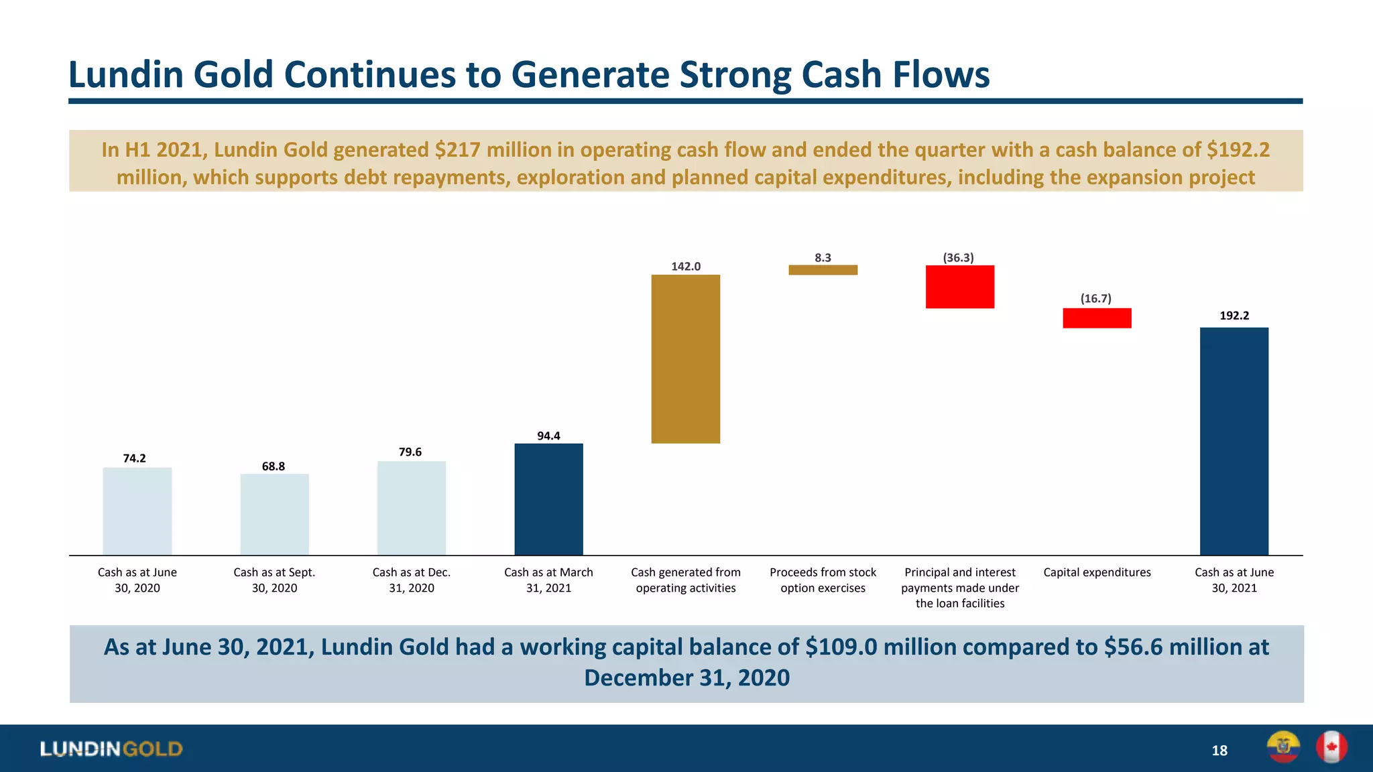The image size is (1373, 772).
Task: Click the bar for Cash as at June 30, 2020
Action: coord(137,511)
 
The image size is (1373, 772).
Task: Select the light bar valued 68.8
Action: coord(275,515)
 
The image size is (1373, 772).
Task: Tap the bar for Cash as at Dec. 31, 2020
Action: coord(412,508)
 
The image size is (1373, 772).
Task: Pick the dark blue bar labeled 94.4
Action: coord(548,499)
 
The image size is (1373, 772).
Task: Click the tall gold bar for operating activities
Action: coord(686,359)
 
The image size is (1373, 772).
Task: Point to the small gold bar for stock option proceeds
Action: coord(823,270)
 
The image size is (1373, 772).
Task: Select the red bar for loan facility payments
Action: coord(960,287)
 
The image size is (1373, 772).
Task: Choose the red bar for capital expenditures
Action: coord(1097,318)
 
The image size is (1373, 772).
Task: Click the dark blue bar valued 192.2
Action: coord(1234,441)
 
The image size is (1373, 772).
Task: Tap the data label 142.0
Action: coord(686,266)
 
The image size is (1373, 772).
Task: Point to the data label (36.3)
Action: coord(958,257)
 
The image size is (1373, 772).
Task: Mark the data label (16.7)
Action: coord(1095,298)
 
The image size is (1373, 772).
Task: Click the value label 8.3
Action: coord(823,257)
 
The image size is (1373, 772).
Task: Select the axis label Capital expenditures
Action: coord(1097,572)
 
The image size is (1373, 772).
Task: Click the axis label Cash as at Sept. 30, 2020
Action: coord(274,580)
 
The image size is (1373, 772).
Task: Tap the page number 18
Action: coord(1219,751)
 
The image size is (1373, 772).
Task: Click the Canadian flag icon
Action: coord(1331,747)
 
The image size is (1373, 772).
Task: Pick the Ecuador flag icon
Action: coord(1283,747)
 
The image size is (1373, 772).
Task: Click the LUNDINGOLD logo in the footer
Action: coord(111,749)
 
